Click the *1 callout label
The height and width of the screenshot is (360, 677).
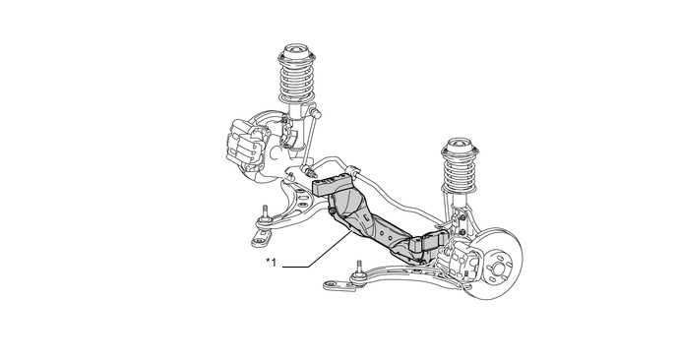272,262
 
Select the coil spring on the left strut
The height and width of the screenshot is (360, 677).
297,82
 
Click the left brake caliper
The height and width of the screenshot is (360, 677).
245,144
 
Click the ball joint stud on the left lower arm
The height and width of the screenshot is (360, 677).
265,213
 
